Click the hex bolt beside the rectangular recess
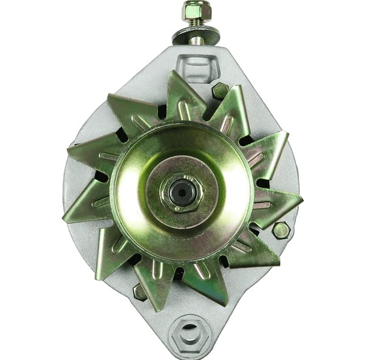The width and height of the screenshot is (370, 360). click(x=220, y=91)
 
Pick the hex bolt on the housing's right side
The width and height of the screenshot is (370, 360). click(x=280, y=230)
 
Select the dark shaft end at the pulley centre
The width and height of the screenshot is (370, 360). click(x=180, y=193)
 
